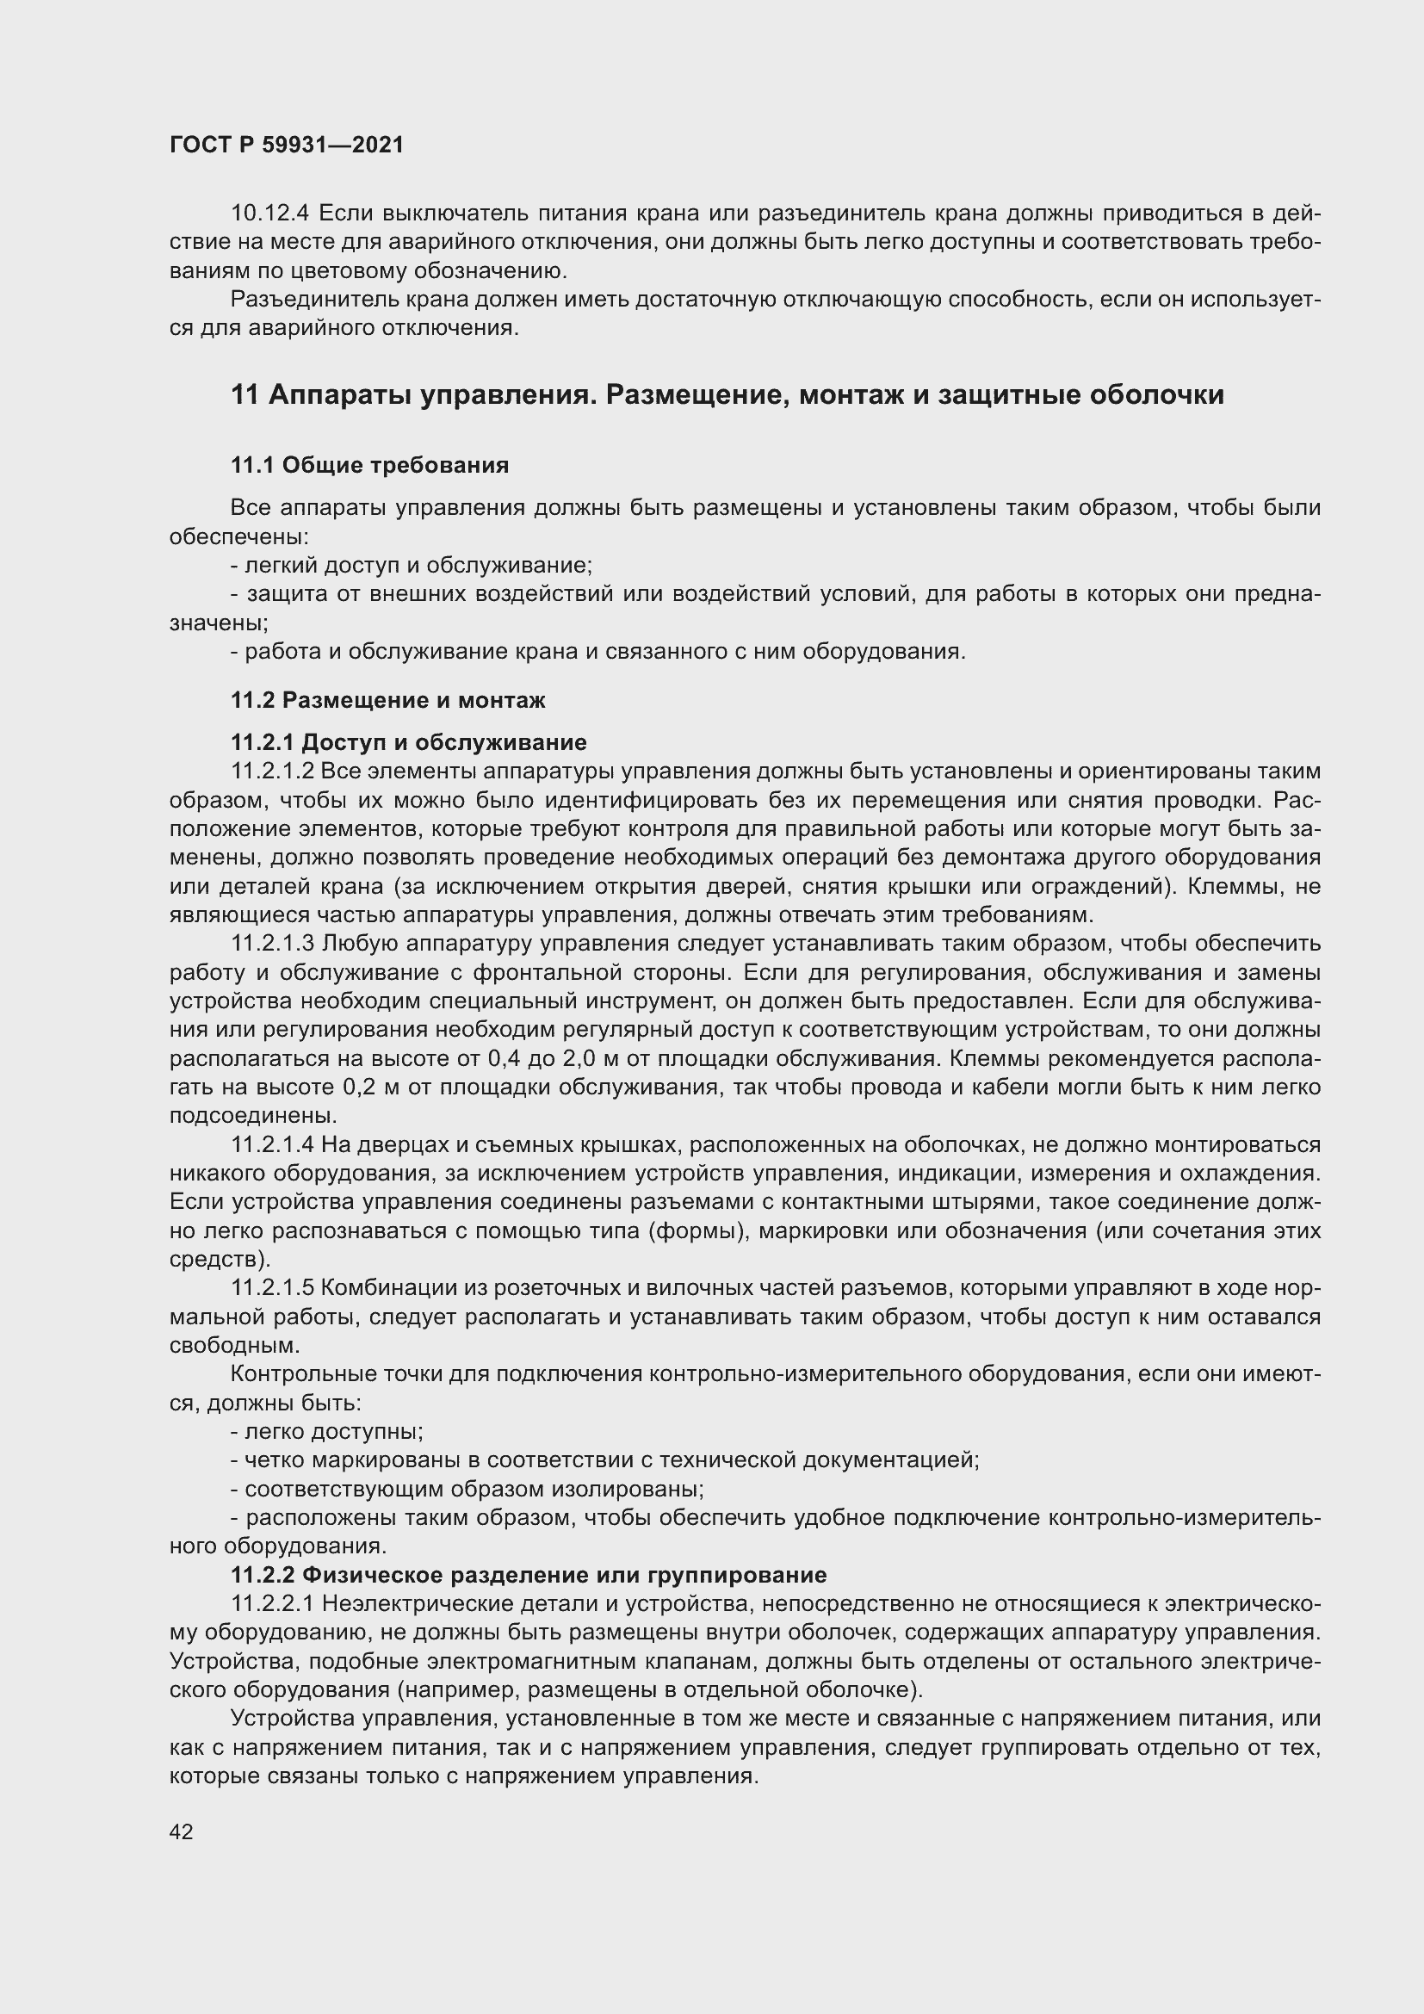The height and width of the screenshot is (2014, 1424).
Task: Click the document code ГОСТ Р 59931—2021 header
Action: click(287, 145)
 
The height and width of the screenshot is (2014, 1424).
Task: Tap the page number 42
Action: click(181, 1831)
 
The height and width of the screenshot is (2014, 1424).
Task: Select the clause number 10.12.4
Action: click(270, 214)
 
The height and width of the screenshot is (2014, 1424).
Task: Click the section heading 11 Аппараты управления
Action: click(727, 394)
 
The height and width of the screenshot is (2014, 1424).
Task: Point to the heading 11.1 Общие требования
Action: click(369, 465)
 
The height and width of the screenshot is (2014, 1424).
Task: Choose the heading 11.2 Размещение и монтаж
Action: click(387, 700)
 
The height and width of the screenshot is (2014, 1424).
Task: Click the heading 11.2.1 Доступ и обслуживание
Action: click(409, 743)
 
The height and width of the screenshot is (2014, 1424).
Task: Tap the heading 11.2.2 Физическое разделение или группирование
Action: click(529, 1576)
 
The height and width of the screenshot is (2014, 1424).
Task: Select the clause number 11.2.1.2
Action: click(273, 772)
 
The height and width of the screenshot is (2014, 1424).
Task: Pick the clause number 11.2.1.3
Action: click(273, 944)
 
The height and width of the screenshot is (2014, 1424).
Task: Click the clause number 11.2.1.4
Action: click(273, 1144)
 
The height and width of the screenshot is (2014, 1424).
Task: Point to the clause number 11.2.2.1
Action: click(273, 1604)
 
